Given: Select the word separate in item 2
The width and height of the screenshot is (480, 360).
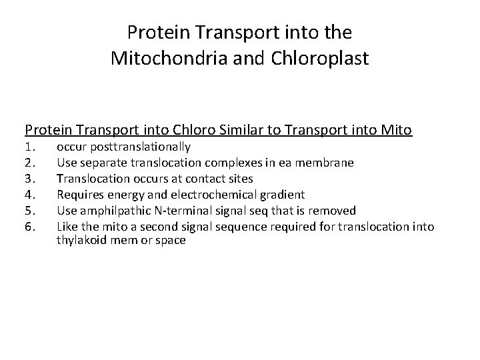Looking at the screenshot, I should pyautogui.click(x=100, y=163).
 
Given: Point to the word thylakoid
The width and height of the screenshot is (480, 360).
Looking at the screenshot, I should pyautogui.click(x=80, y=240).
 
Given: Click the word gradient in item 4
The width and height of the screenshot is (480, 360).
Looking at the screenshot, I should pyautogui.click(x=284, y=195).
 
